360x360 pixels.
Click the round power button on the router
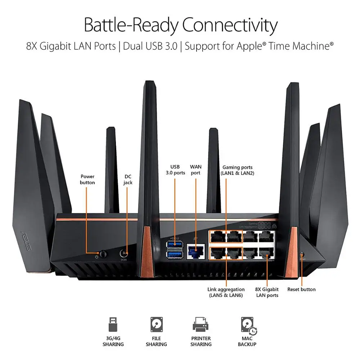(x=104, y=254)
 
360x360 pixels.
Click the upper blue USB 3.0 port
(x=175, y=246)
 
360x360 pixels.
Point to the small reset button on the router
(x=301, y=254)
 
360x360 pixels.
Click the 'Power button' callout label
(x=87, y=179)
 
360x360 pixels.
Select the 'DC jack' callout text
(x=128, y=179)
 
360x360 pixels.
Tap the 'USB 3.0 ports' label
(x=175, y=170)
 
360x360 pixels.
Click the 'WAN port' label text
(x=196, y=170)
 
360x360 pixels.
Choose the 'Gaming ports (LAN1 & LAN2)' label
(x=238, y=170)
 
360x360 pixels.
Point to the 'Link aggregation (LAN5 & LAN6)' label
(x=226, y=292)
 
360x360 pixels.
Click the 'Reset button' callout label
(x=301, y=289)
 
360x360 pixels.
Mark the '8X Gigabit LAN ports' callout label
(x=267, y=292)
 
